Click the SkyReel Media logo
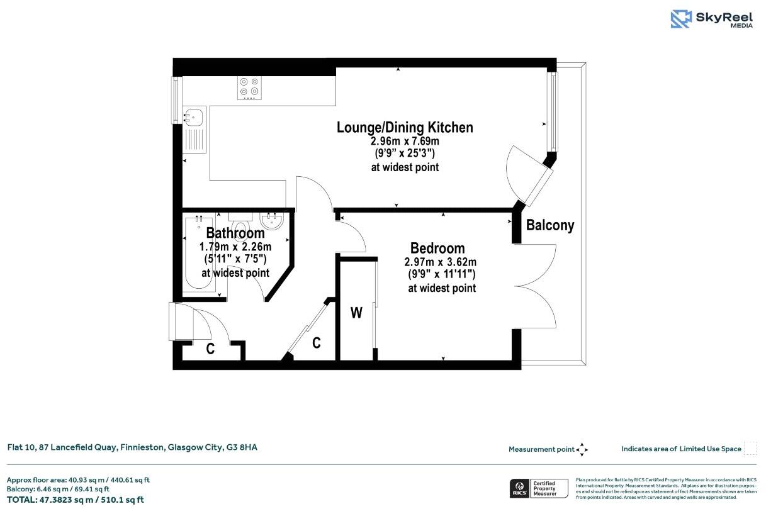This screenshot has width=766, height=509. (x=711, y=19)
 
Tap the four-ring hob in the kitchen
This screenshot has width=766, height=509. (x=249, y=87)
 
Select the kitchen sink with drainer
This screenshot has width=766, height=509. (x=193, y=130)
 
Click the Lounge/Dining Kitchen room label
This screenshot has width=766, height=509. (x=405, y=127)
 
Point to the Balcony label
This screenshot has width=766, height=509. (x=550, y=225)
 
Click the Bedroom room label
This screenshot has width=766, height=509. (x=437, y=248)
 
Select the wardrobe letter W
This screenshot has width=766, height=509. (x=356, y=313)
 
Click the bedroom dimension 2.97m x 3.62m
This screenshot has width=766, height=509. (x=441, y=262)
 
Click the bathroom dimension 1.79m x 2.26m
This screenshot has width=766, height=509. (x=235, y=247)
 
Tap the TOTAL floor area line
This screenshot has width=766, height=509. (x=76, y=500)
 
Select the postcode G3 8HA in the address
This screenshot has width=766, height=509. (x=242, y=447)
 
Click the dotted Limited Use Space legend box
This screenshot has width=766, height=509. (x=750, y=449)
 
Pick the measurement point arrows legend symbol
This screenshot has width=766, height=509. (x=582, y=449)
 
